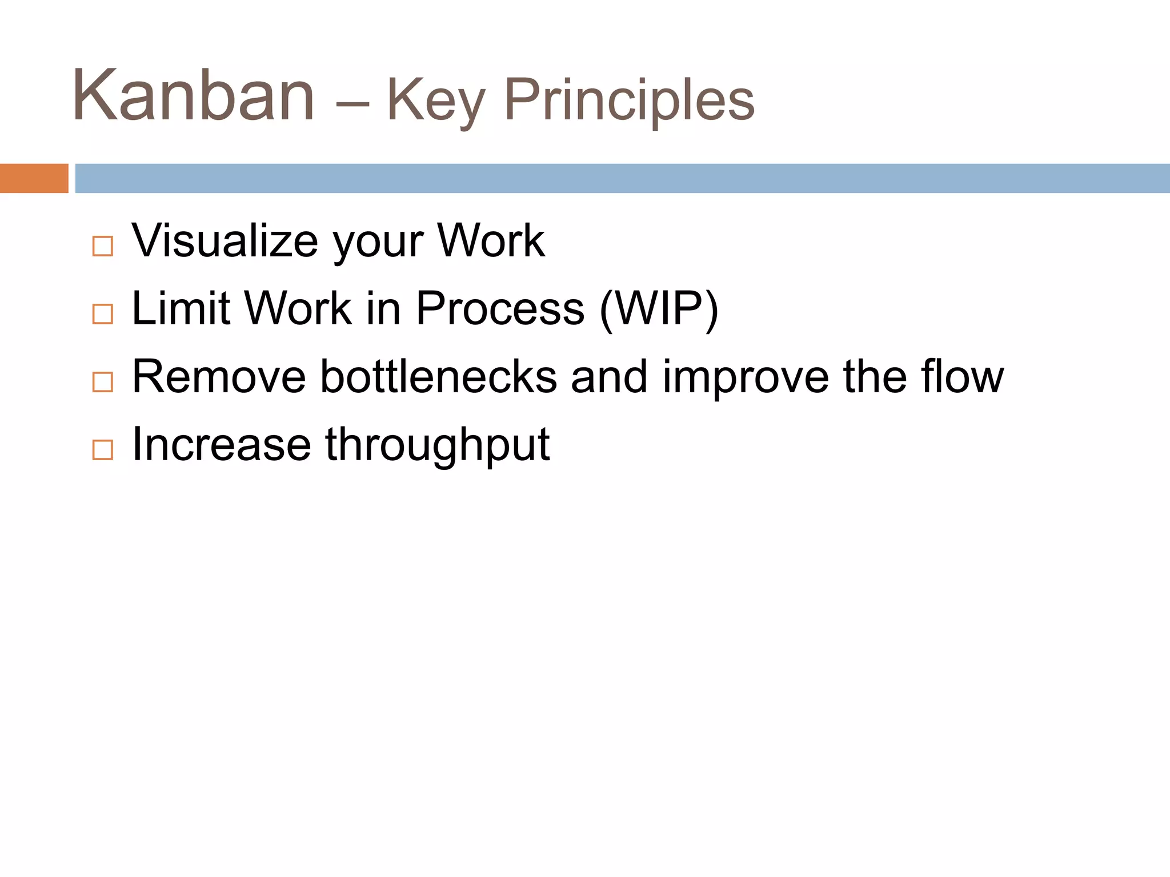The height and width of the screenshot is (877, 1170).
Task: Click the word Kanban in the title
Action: tap(193, 96)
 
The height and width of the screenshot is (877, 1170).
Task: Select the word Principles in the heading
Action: tap(629, 100)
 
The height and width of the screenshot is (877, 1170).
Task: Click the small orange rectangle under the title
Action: tap(34, 178)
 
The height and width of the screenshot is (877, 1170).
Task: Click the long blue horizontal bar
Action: tap(622, 178)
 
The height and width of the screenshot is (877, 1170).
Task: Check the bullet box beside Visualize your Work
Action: tap(103, 246)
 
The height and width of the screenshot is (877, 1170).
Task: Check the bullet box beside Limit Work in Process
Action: tap(103, 314)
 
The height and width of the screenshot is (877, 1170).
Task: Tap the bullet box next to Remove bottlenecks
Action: tap(103, 382)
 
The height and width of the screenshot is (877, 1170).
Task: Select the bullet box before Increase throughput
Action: tap(103, 450)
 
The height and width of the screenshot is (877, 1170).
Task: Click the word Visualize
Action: tap(225, 240)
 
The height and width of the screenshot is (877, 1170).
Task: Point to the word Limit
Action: tap(181, 308)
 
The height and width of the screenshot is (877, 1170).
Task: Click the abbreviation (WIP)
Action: tap(659, 309)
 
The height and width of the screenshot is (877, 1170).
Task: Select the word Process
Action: tap(500, 308)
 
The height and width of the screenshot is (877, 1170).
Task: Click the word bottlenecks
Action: tap(438, 376)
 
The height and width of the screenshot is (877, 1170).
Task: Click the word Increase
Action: tap(221, 444)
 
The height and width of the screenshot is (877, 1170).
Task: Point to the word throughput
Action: tap(437, 446)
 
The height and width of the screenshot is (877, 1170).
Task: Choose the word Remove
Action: tap(219, 376)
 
